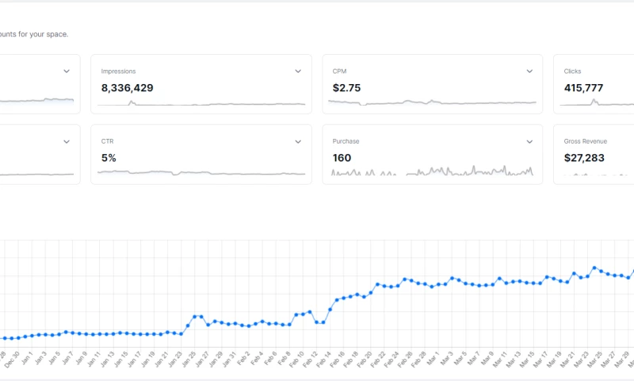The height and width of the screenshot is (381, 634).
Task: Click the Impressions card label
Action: point(118,71)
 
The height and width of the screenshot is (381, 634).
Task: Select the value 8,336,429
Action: point(127,88)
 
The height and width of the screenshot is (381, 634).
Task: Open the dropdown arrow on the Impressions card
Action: point(298,71)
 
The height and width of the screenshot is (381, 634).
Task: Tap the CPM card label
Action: point(341,71)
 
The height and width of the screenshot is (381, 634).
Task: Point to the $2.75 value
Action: point(346,88)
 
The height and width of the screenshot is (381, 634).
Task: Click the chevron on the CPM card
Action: point(529,71)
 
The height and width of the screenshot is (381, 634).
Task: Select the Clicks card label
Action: point(572,71)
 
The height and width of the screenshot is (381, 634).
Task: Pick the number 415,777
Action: point(584,88)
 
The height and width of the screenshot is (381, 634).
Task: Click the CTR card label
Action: point(108,141)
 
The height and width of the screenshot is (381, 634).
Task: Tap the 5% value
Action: point(109,158)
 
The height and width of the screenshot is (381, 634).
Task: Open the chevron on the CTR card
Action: point(298,141)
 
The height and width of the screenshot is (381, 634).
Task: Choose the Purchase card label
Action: point(346,141)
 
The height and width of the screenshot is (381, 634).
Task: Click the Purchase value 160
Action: point(342,158)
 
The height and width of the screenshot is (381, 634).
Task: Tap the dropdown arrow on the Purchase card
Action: point(529,141)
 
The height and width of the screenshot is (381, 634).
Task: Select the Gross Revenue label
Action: point(585,141)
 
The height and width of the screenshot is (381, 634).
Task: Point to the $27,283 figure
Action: point(584,158)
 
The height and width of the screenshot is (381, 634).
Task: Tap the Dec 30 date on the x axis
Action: point(11,359)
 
